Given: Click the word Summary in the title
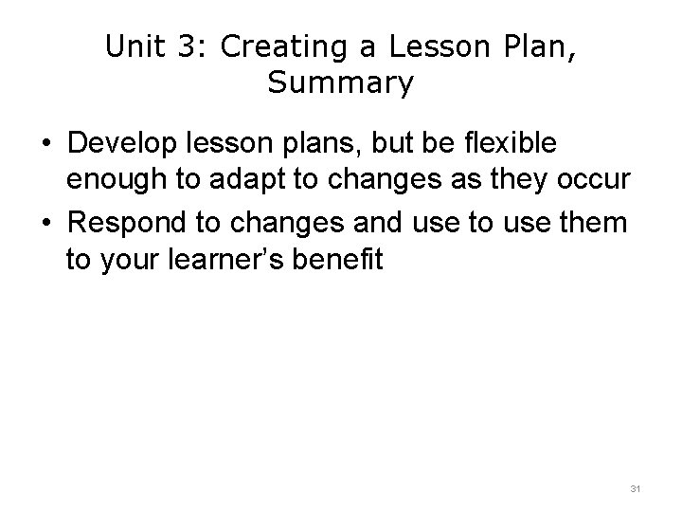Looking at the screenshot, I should pos(340,83).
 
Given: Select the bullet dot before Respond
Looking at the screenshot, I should pos(45,223).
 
